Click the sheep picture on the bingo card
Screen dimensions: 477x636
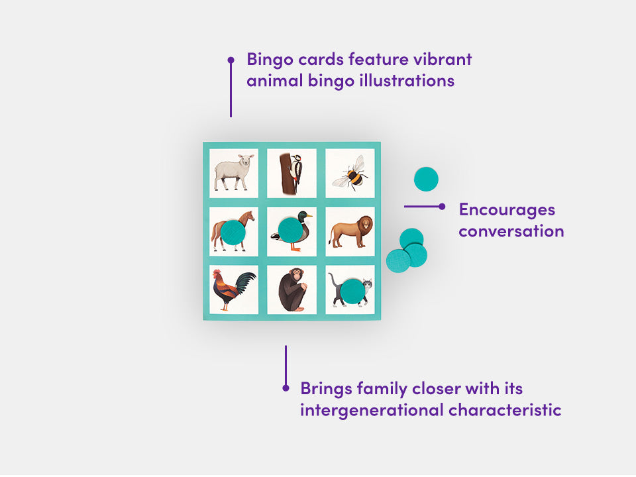coord(234,172)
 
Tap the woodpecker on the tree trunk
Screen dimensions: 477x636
coord(291,173)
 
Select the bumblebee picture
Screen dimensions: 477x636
coord(350,174)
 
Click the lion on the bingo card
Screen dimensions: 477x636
coord(350,232)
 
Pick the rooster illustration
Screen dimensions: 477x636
coord(233,290)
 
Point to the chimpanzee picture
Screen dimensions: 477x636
coord(291,290)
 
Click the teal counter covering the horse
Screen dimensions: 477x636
coord(233,232)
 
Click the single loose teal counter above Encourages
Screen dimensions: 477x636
coord(426,179)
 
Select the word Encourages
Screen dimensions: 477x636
coord(507,210)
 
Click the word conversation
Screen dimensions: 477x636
coord(511,231)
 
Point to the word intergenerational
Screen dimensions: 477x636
coord(372,410)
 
